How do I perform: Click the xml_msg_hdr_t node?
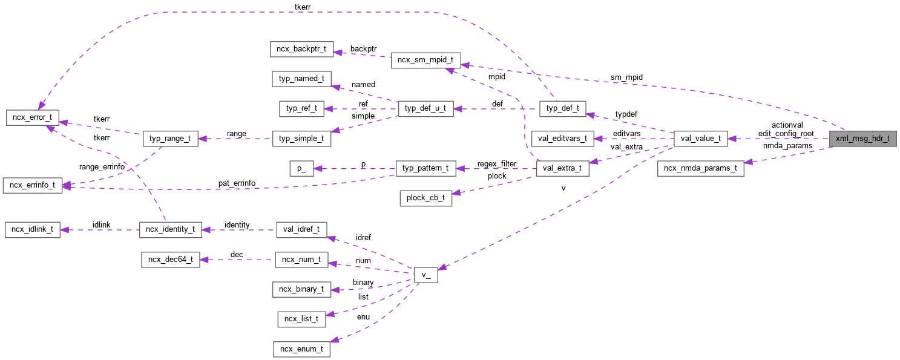[x=862, y=139]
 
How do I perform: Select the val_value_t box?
[x=700, y=139]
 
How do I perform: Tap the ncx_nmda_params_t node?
[x=700, y=168]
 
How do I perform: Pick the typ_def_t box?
[x=562, y=109]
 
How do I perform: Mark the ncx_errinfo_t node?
[x=32, y=185]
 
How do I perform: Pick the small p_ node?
[x=301, y=168]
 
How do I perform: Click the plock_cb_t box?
[x=425, y=198]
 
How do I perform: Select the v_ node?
[x=425, y=274]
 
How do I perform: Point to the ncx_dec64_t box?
[x=170, y=260]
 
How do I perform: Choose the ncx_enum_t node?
[x=301, y=349]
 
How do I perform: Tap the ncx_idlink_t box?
[x=32, y=230]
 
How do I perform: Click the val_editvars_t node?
[x=562, y=139]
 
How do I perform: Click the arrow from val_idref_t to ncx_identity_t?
[x=239, y=230]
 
